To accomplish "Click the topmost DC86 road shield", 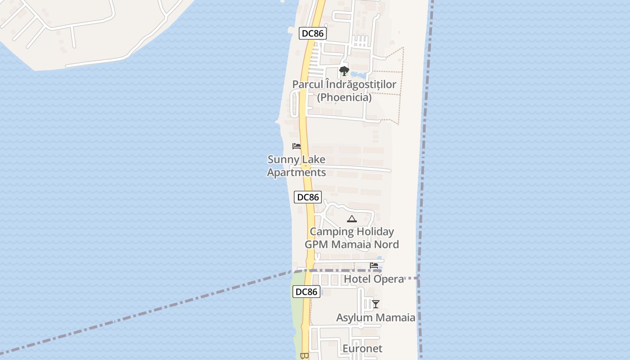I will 312,33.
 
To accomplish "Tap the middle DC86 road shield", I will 308,197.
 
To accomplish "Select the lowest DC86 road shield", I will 306,292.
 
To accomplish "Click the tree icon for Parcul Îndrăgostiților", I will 344,71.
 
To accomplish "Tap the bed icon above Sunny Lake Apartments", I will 297,146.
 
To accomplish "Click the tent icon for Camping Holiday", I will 352,219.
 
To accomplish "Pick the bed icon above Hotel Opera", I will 374,266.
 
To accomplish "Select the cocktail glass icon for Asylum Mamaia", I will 376,304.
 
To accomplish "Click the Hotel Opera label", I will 374,279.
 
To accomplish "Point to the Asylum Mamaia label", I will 376,318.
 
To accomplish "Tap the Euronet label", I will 362,349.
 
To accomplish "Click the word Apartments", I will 297,172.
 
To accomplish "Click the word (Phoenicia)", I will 344,98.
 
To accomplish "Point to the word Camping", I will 332,232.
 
